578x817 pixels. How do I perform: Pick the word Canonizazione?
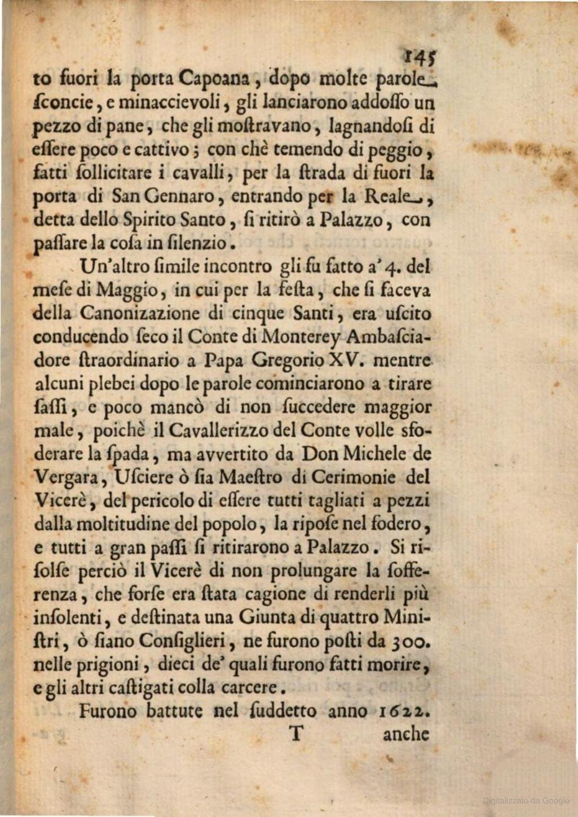(x=139, y=313)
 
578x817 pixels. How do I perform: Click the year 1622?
(x=403, y=711)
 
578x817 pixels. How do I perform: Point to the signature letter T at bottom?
(x=297, y=733)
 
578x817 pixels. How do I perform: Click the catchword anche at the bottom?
(x=405, y=734)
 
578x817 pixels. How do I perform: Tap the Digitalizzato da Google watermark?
(x=526, y=800)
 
